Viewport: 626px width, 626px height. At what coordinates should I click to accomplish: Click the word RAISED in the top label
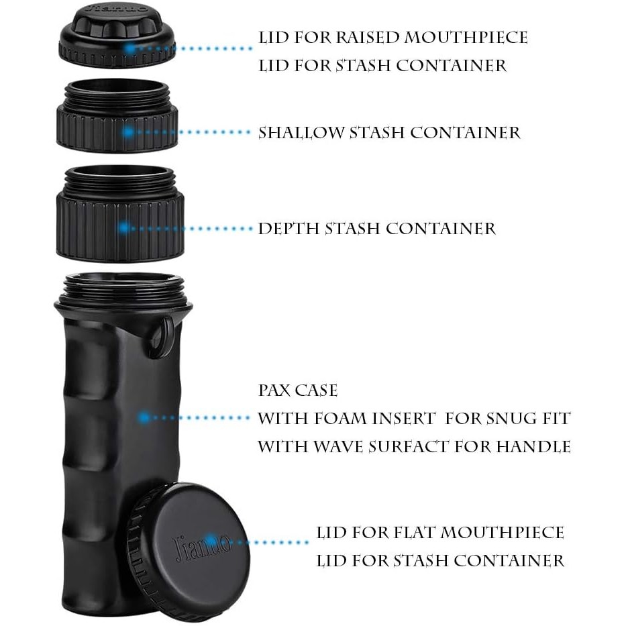(x=367, y=38)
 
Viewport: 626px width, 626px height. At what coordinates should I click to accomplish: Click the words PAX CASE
(x=298, y=390)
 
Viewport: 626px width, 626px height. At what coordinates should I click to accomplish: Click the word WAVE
(x=337, y=447)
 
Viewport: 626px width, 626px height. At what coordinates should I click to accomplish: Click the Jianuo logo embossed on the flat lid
(x=202, y=545)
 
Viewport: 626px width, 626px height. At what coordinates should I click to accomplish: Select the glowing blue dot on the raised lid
(x=129, y=48)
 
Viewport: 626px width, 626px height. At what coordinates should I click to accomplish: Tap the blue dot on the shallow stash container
(x=127, y=132)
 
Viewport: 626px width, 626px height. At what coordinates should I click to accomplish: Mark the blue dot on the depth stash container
(x=124, y=228)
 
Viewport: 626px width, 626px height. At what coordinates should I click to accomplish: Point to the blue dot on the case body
(x=144, y=418)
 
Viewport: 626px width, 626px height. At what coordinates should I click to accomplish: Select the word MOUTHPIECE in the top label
(x=466, y=38)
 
